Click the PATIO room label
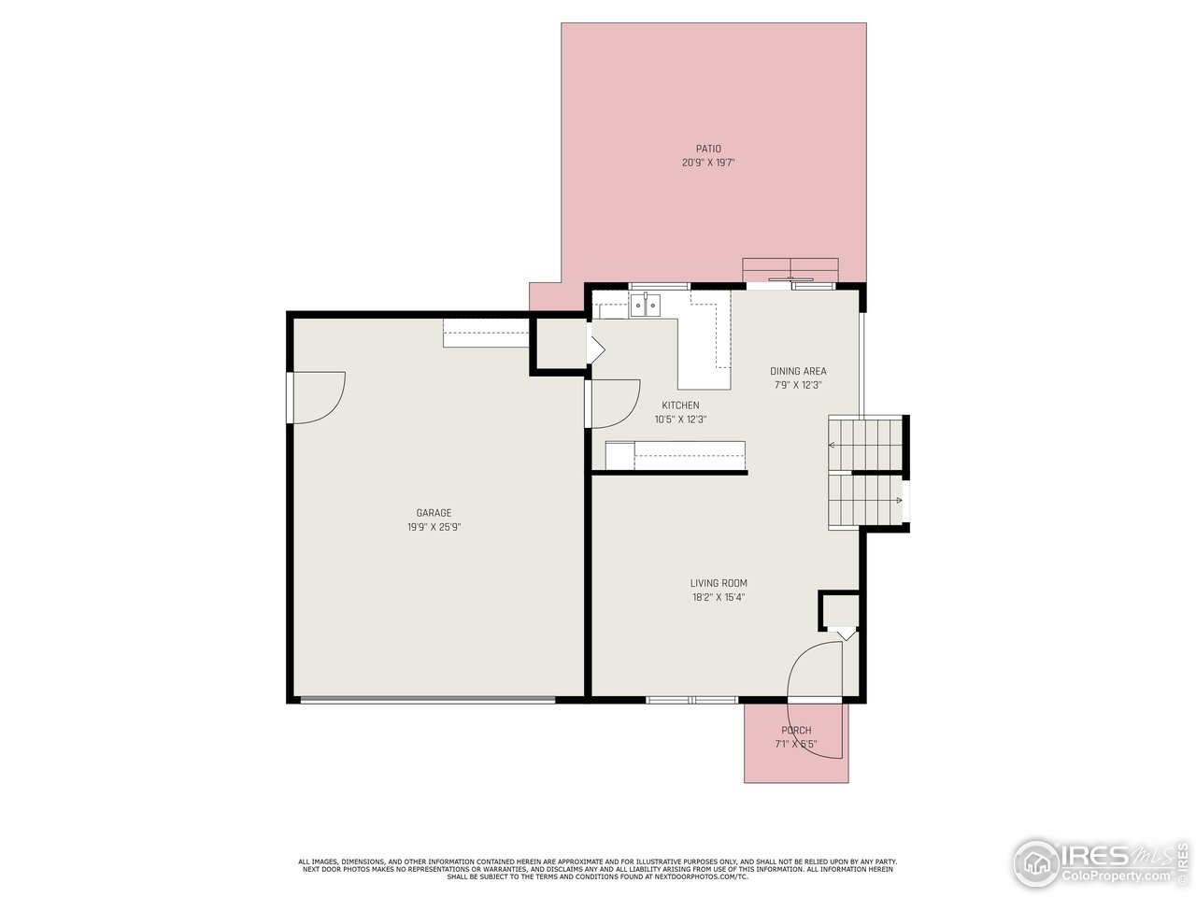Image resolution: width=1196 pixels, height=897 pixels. (707, 149)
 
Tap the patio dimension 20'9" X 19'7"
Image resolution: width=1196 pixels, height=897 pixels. (707, 163)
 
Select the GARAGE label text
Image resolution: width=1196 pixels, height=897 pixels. (434, 513)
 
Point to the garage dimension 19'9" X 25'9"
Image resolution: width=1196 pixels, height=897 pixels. (434, 527)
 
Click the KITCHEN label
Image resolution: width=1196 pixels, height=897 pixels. (680, 406)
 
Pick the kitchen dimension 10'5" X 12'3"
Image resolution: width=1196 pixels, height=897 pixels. (680, 420)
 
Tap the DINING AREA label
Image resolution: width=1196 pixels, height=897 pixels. (798, 371)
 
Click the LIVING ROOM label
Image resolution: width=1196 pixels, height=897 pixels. (719, 583)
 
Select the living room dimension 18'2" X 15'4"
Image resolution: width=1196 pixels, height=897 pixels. (719, 597)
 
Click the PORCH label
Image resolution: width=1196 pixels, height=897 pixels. (796, 731)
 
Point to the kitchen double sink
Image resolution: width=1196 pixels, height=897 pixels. (645, 305)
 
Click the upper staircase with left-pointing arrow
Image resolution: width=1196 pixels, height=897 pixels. (865, 444)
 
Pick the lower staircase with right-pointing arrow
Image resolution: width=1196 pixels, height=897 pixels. (865, 502)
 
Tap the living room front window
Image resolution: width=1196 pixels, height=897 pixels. (692, 699)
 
